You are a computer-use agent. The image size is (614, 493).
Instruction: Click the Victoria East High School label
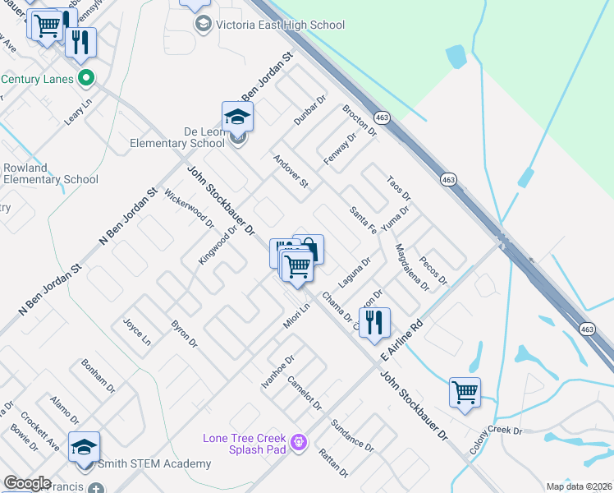(x=280, y=25)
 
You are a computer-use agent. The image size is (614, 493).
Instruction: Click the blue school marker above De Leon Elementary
(x=237, y=117)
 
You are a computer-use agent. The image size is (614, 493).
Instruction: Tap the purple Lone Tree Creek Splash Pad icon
(x=299, y=443)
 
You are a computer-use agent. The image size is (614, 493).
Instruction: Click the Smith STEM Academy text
(x=154, y=464)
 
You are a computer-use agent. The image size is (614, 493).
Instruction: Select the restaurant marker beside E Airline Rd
(x=375, y=323)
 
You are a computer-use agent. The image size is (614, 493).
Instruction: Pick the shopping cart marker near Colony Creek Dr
(x=465, y=393)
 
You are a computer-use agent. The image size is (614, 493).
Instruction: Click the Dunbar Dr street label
(x=310, y=109)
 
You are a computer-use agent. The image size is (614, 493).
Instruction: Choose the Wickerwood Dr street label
(x=189, y=209)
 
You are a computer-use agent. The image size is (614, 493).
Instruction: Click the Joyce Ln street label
(x=136, y=330)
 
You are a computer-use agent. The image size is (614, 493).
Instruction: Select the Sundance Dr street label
(x=352, y=435)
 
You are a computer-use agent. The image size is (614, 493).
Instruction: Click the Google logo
(x=27, y=483)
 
